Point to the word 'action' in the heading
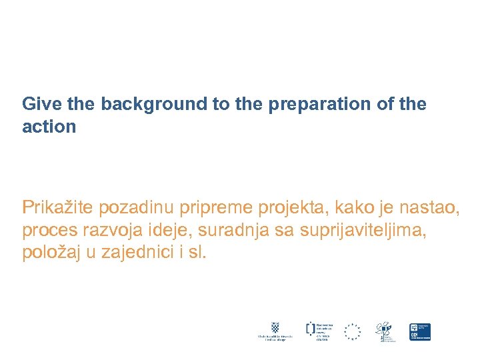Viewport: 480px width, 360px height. (x=49, y=127)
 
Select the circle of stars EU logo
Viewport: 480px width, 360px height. (x=352, y=331)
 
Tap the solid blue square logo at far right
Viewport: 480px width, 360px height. (x=420, y=331)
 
